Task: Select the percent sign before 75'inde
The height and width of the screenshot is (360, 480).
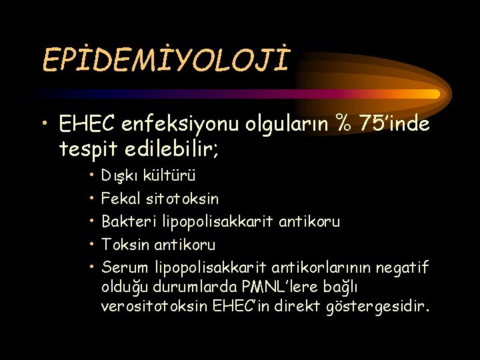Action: coord(345,124)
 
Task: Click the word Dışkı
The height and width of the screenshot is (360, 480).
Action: coord(118,177)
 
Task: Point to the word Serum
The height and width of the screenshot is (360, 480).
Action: coord(125,267)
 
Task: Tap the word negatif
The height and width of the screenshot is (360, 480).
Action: coord(403,267)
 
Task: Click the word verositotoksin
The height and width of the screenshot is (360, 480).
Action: coord(154,307)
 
